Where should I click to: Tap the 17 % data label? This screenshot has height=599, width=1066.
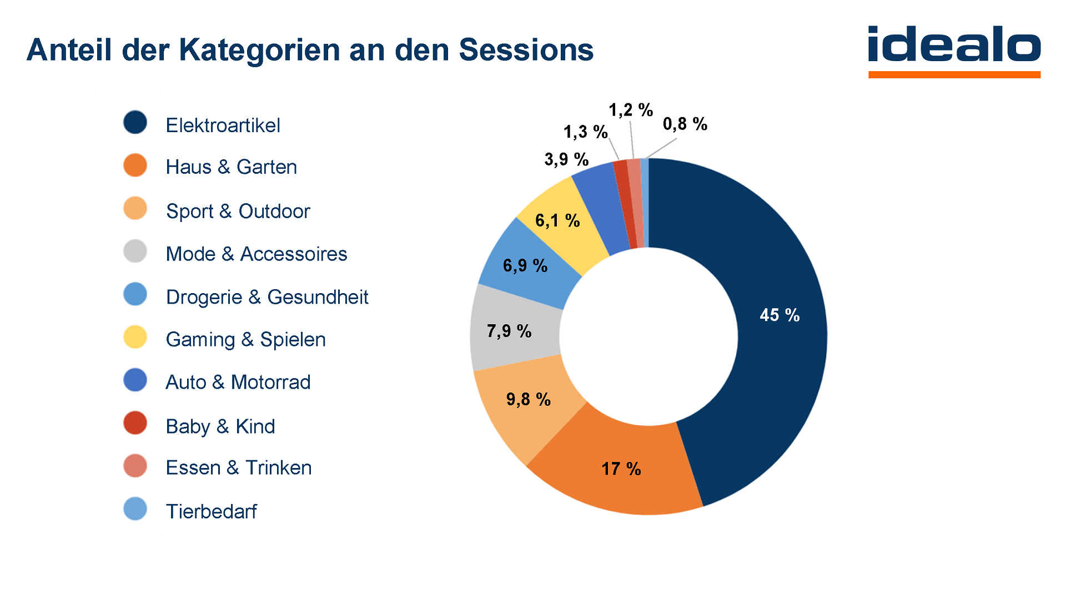coord(621,469)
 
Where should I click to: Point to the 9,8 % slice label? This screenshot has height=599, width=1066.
coord(528,399)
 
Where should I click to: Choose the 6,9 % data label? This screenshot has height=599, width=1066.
coord(525,265)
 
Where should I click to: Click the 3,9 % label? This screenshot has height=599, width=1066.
coord(566,159)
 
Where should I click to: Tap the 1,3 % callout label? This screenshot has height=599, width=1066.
coord(585,132)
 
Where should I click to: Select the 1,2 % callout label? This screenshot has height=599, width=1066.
coord(630,110)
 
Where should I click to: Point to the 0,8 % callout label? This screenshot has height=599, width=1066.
coord(685,124)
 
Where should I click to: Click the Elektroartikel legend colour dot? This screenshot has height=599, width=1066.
coord(135,123)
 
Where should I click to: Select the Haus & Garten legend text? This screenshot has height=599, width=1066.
coord(231,167)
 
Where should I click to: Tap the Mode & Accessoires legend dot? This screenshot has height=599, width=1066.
coord(135,251)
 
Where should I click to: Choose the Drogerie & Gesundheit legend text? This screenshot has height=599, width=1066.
coord(266,297)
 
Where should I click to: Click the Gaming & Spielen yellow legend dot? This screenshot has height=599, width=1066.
coord(135,337)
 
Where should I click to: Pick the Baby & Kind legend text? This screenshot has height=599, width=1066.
coord(220,426)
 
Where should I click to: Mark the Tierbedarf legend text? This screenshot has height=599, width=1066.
coord(211,511)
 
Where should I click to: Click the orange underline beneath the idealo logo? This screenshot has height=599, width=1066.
coord(954,74)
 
